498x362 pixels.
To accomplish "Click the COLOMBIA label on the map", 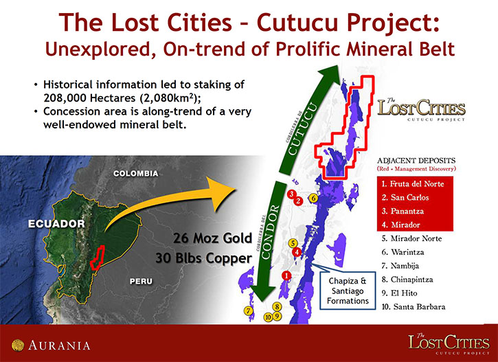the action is [135, 173].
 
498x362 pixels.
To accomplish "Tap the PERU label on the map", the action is [141, 282].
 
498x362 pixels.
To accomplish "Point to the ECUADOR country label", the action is [56, 224].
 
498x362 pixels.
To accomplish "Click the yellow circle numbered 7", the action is [249, 311].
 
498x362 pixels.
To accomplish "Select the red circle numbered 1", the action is [286, 275].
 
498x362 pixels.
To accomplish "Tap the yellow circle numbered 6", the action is [313, 199].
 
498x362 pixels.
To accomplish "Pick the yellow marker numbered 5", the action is [293, 244].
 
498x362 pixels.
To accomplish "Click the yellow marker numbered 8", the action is [277, 307].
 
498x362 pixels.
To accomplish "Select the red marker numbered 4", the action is [297, 252].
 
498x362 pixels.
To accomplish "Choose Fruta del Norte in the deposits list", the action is [413, 184].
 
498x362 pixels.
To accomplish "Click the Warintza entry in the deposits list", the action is [403, 252].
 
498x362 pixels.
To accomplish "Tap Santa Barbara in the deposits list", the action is [414, 307].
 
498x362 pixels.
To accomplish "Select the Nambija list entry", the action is [400, 266].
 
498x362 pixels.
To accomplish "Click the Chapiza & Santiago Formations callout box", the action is [348, 291].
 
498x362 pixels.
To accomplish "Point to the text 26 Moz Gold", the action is [212, 238].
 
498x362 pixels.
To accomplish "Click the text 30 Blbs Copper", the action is [204, 258].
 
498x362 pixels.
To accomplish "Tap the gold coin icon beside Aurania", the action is [18, 346].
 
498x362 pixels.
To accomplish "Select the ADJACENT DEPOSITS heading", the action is [416, 161].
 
